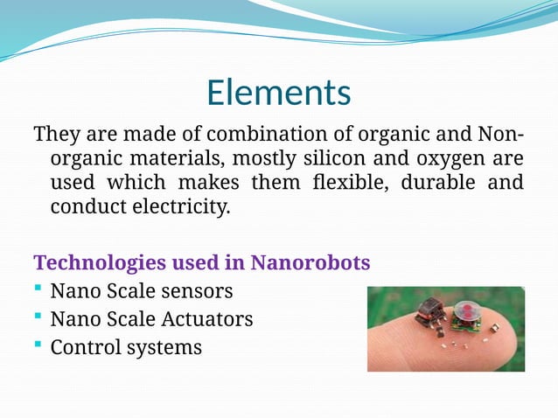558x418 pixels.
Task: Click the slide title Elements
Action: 278,93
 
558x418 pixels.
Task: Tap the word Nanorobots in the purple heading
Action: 310,262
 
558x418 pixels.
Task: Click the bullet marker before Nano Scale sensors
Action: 38,289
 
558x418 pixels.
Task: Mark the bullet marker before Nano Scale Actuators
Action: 38,318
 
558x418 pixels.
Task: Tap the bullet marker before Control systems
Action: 38,346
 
